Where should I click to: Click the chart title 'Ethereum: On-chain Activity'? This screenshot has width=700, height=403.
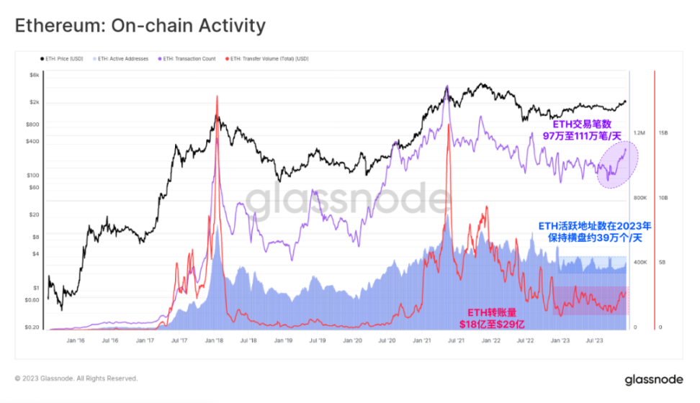tap(140, 27)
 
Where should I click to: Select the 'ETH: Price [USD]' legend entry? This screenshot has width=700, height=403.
tap(63, 58)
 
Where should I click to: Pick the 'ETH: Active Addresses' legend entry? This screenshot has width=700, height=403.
tap(124, 58)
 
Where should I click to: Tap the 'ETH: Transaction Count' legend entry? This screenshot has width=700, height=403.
tap(189, 58)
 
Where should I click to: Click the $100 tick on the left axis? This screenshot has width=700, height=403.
tap(34, 175)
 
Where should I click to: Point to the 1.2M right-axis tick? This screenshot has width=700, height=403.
tap(640, 133)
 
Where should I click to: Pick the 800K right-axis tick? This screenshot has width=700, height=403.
tap(640, 197)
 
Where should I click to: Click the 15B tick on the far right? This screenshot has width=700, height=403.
tap(664, 133)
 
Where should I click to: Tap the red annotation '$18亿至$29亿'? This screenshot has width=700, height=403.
tap(492, 325)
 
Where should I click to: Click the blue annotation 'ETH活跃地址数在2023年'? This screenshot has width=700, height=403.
tap(595, 226)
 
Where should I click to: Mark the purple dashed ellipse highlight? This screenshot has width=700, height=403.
tap(616, 164)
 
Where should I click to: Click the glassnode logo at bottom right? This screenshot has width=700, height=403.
tap(650, 379)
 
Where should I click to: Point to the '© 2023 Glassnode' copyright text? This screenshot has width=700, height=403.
tap(76, 379)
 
